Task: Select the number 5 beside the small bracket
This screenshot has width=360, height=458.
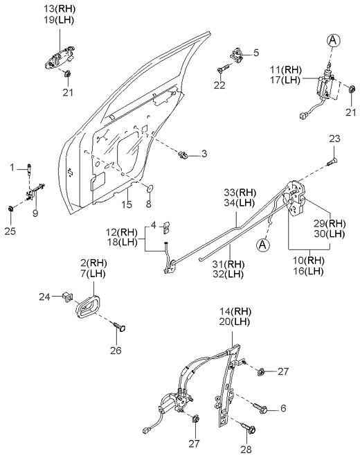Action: tap(255, 53)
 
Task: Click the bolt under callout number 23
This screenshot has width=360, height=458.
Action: tap(331, 162)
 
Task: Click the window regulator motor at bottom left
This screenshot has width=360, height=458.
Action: tap(168, 405)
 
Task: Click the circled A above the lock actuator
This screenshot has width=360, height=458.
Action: tap(333, 41)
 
